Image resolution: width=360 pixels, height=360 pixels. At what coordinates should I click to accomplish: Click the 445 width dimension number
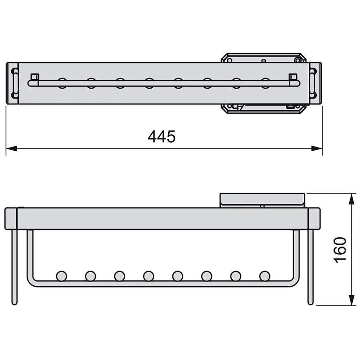(162, 136)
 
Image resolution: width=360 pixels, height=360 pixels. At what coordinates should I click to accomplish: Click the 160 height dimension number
(340, 249)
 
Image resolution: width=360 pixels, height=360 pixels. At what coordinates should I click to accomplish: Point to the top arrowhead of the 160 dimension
(351, 198)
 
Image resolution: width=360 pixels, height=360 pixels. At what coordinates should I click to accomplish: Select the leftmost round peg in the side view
(61, 275)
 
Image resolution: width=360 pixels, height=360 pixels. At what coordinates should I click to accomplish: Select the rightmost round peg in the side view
(265, 275)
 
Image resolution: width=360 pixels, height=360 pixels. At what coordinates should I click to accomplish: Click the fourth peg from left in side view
(148, 275)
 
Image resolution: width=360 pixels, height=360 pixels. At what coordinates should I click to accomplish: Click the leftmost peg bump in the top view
(62, 82)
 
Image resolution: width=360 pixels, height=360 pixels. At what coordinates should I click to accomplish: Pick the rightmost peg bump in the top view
(265, 82)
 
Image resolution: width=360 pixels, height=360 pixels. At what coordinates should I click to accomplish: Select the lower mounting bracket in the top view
(263, 108)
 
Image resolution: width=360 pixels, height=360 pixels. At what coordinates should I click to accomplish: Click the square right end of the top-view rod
(293, 76)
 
